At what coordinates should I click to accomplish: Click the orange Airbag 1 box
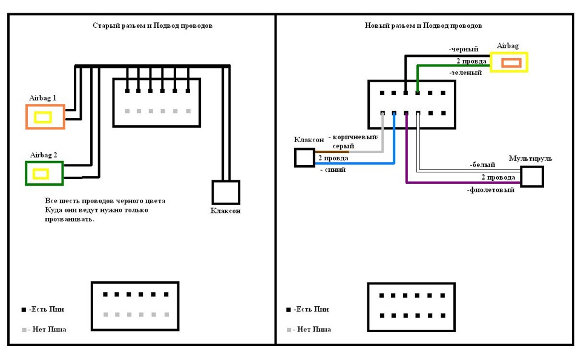(26, 117)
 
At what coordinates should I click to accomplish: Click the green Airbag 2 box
(25, 173)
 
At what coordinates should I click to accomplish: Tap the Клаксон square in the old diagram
(212, 192)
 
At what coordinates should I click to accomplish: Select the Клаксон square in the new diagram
(295, 158)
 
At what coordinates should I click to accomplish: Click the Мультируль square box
(521, 177)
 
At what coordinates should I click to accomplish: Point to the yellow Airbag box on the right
(491, 62)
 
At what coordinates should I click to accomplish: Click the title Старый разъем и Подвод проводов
(153, 25)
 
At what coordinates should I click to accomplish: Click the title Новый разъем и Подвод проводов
(423, 25)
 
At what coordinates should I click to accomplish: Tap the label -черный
(464, 49)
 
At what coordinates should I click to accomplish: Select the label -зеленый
(465, 73)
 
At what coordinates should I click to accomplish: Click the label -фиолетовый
(491, 190)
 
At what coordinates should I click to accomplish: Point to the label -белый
(482, 165)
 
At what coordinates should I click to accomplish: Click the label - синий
(333, 169)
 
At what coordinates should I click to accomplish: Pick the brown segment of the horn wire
(332, 151)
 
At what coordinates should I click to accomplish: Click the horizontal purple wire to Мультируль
(463, 182)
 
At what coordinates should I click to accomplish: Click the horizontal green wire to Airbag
(454, 66)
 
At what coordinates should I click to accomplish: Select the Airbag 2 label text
(44, 155)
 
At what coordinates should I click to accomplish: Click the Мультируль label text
(530, 159)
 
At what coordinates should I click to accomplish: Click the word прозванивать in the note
(70, 219)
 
